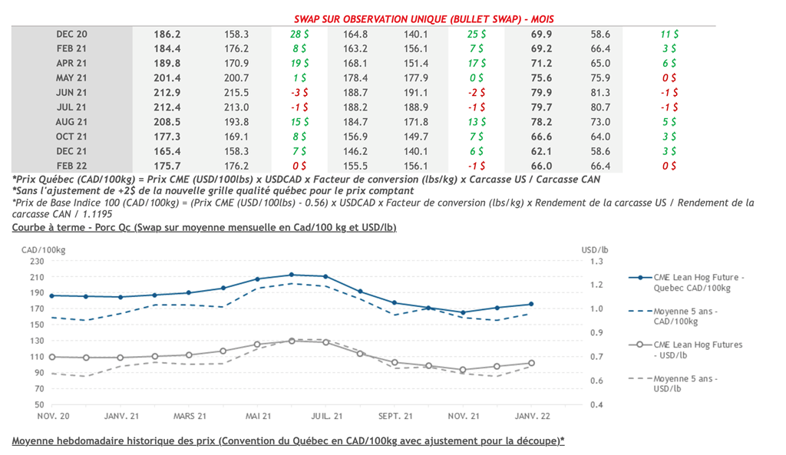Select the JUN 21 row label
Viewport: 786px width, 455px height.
click(71, 93)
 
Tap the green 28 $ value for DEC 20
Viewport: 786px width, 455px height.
click(299, 35)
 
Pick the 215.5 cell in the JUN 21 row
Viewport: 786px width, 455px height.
click(236, 93)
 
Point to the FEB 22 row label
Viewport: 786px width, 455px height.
click(71, 166)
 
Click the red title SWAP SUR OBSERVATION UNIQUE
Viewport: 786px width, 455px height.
click(424, 18)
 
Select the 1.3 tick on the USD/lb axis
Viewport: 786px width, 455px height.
click(594, 261)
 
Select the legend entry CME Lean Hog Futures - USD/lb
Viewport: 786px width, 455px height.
click(697, 349)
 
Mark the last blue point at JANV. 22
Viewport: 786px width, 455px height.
click(531, 305)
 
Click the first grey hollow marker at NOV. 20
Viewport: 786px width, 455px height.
click(52, 357)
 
